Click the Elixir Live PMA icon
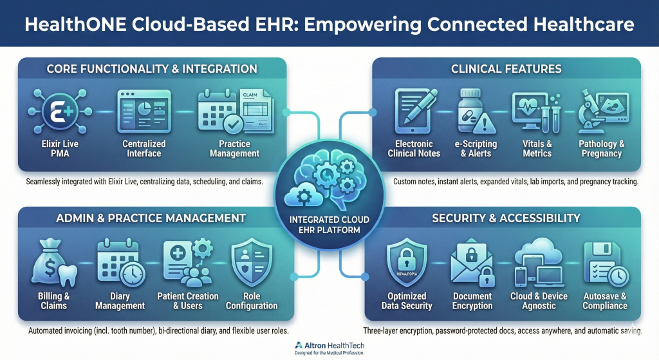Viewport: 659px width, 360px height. click(60, 111)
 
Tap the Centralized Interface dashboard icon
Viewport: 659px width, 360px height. click(144, 111)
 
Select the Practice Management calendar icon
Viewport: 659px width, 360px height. click(236, 111)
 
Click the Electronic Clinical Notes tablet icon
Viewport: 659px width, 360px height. click(415, 111)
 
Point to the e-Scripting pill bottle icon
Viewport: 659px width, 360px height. click(476, 111)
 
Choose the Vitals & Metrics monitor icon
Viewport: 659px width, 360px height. click(536, 112)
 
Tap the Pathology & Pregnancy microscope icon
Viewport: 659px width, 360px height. click(603, 111)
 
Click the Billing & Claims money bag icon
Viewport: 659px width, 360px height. click(54, 263)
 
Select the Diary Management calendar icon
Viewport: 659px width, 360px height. click(121, 263)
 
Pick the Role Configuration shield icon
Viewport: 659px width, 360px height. click(252, 262)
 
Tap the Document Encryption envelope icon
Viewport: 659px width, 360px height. click(472, 263)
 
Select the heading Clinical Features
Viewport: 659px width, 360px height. click(506, 69)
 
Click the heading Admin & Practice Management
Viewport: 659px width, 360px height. click(151, 218)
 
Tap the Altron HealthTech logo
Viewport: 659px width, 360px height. click(329, 348)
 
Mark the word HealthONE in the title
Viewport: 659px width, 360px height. click(75, 24)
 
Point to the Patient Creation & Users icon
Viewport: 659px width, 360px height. click(188, 263)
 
